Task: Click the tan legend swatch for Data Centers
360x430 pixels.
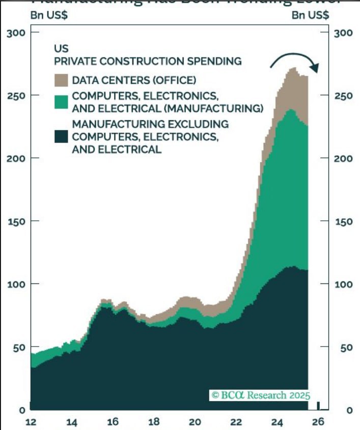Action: point(61,79)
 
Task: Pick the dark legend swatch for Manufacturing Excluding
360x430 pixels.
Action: point(61,136)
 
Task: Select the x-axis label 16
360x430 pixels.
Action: point(113,421)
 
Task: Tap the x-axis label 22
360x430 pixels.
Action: point(236,421)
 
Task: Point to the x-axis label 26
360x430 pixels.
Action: point(318,421)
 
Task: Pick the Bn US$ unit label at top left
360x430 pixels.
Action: point(49,15)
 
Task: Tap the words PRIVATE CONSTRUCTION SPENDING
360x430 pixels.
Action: point(148,62)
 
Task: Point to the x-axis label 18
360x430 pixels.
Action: point(154,421)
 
